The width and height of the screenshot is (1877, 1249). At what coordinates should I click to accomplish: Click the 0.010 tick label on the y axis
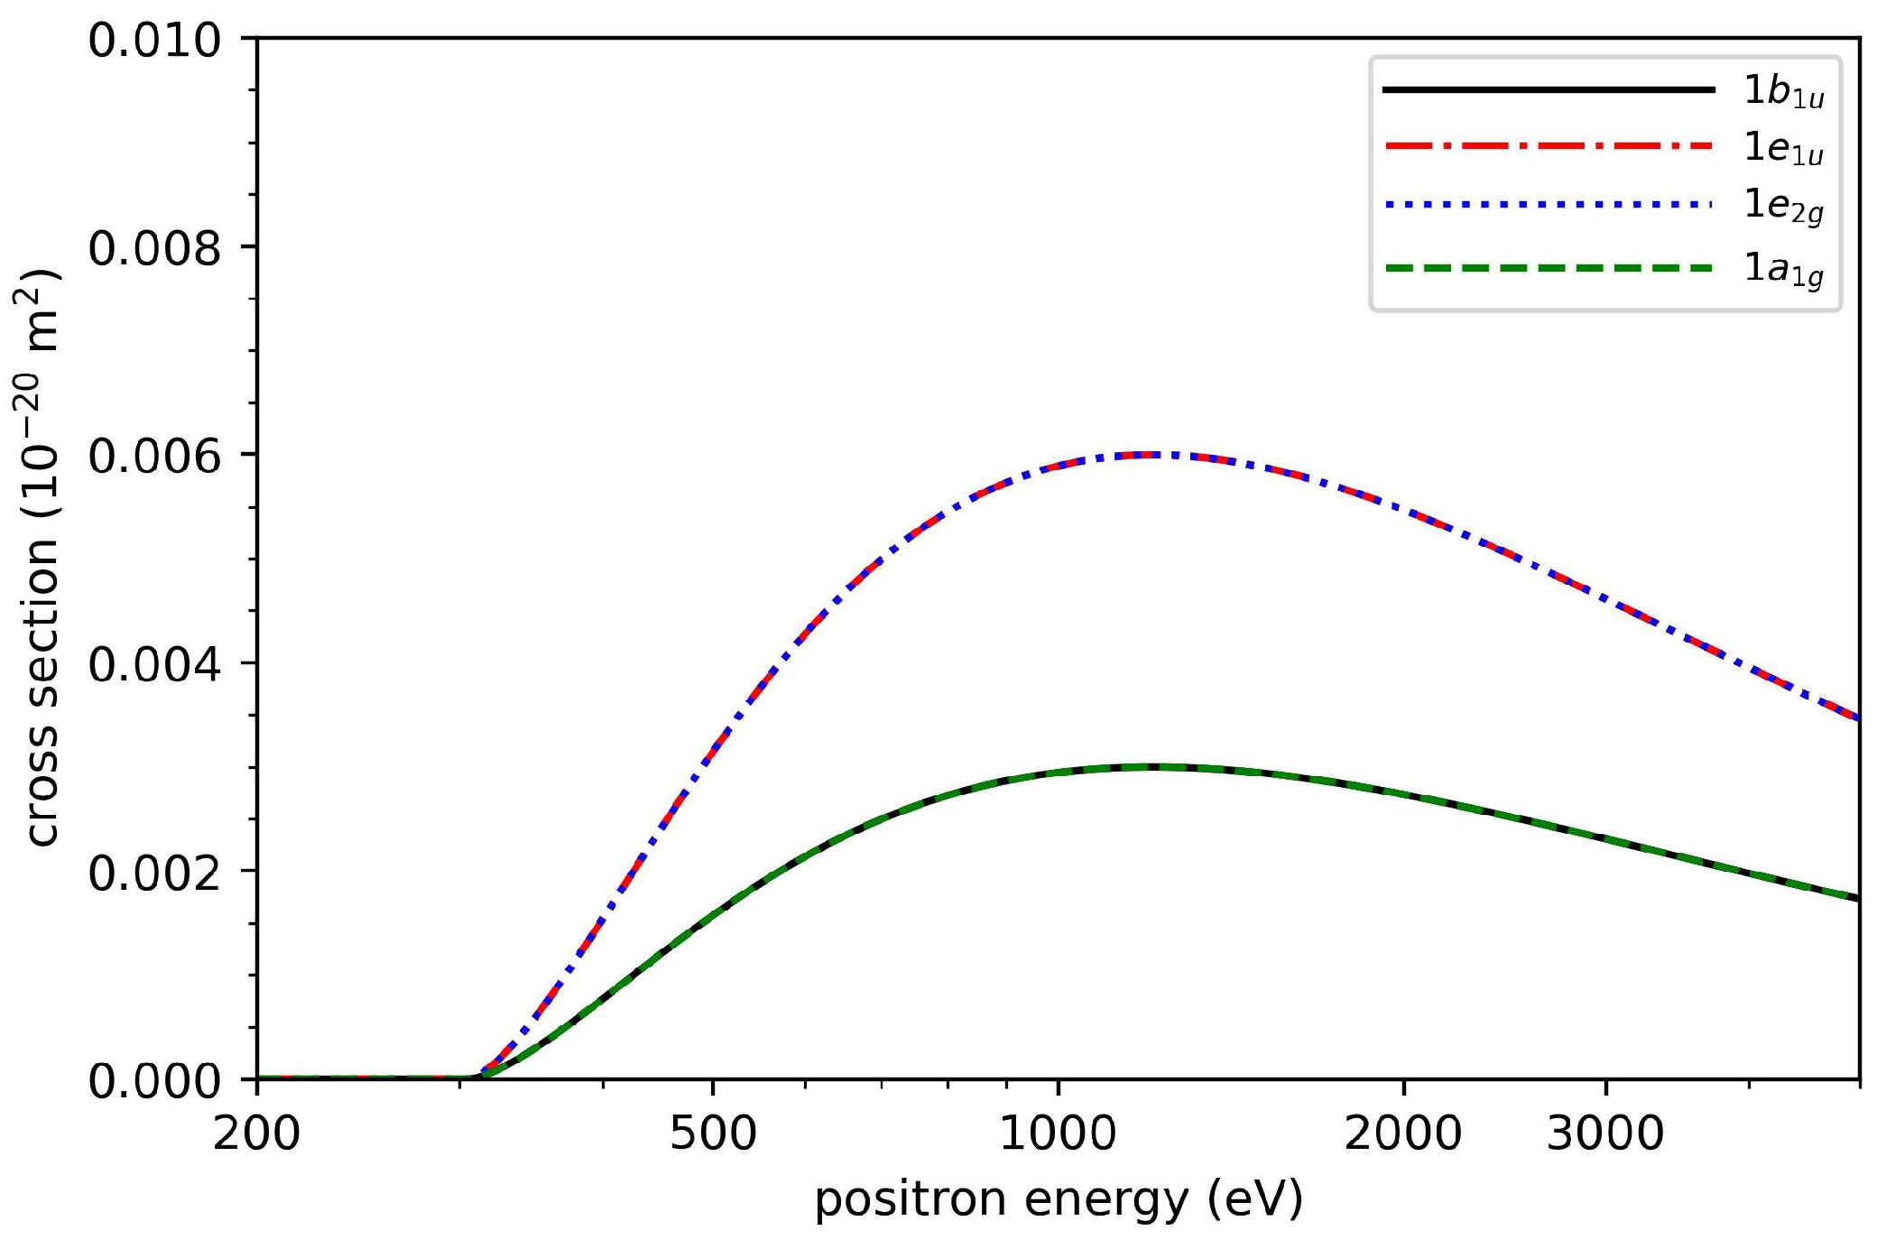154,42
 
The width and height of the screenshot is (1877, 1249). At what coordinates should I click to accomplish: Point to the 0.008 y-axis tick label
154,248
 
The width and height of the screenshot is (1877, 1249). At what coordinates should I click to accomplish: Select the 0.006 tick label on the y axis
154,456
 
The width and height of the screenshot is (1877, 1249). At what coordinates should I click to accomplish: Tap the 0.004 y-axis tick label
154,664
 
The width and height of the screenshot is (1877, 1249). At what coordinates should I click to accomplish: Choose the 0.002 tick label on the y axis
154,873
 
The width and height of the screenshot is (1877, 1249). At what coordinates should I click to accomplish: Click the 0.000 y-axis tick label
154,1080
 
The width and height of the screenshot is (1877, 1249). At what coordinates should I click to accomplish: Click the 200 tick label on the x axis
256,1133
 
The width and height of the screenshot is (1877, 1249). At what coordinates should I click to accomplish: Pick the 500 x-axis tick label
713,1133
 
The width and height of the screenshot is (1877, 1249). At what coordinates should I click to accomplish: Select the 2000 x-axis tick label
1402,1133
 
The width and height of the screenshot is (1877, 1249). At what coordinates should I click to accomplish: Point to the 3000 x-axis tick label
1604,1133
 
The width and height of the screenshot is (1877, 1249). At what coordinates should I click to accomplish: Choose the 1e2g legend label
1783,207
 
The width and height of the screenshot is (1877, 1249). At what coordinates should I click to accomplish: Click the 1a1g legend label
1783,269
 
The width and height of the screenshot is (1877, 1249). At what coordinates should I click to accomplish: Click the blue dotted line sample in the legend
1548,205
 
